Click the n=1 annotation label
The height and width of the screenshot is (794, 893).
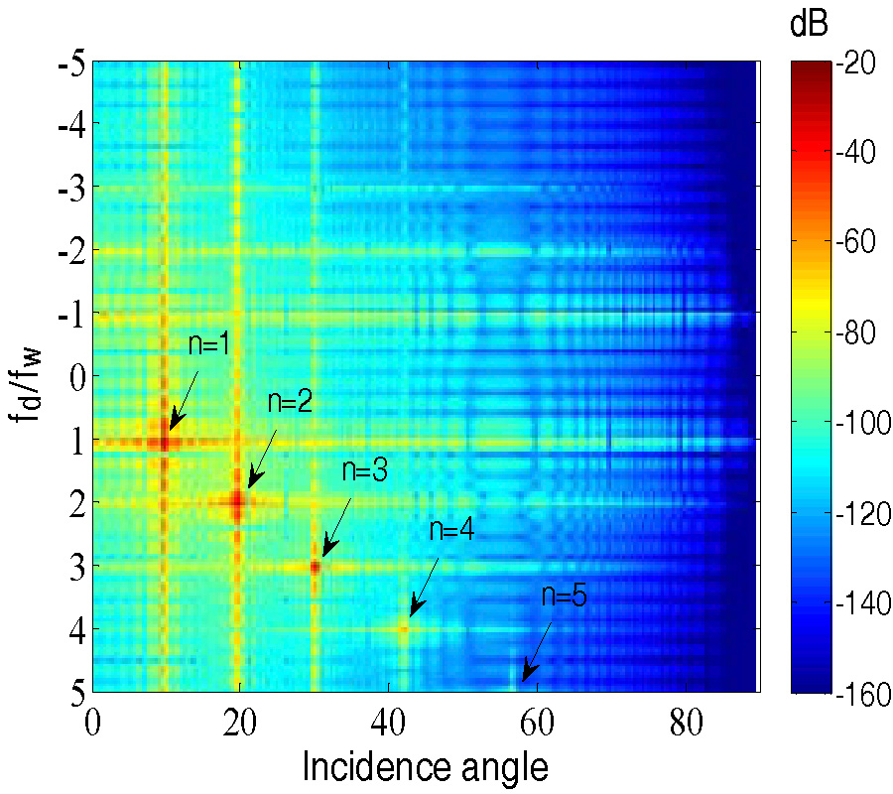pyautogui.click(x=209, y=345)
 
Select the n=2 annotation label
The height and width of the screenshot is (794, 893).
pyautogui.click(x=290, y=403)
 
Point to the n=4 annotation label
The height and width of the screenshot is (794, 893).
pyautogui.click(x=451, y=530)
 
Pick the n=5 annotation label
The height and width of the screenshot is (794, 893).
pyautogui.click(x=565, y=597)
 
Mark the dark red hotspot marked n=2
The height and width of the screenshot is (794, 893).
pyautogui.click(x=237, y=503)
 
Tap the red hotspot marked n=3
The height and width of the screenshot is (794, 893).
pyautogui.click(x=315, y=567)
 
